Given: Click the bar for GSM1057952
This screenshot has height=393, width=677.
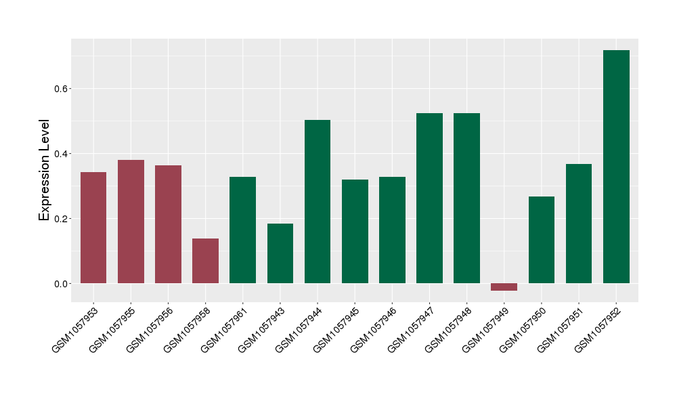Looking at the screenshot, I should click(x=616, y=167).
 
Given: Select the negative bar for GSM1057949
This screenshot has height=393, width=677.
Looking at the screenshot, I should click(x=504, y=287).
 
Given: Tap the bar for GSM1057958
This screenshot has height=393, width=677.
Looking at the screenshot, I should click(x=205, y=261).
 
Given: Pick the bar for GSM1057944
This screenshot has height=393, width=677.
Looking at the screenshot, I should click(x=318, y=201).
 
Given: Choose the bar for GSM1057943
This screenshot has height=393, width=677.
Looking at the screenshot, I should click(x=280, y=253).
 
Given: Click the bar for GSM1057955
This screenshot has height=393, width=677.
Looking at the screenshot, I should click(x=131, y=222).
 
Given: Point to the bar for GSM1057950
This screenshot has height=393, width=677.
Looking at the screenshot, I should click(x=542, y=240).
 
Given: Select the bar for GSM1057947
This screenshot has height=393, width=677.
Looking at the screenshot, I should click(x=429, y=198).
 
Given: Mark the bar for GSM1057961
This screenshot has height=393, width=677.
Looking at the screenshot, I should click(x=242, y=230).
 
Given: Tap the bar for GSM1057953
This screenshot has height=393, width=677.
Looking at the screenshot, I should click(x=93, y=228).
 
